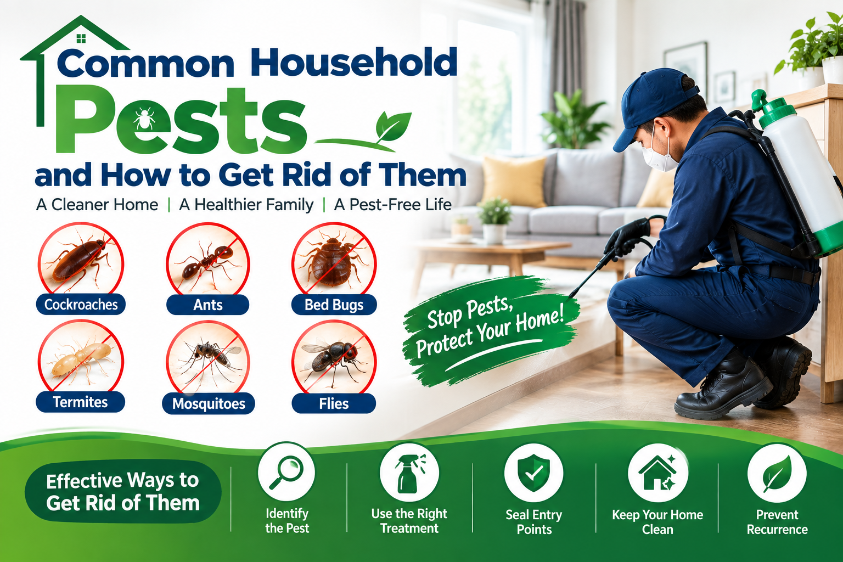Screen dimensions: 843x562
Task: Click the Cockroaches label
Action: point(81,304)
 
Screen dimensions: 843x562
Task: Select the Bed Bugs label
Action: point(334,305)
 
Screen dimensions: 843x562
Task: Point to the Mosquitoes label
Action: point(209,403)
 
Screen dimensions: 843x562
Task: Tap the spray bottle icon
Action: point(409,473)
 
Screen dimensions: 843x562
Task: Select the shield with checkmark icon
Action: point(533,473)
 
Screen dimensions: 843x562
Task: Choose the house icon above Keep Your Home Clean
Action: point(658,473)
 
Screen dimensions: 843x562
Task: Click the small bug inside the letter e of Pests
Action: point(144,118)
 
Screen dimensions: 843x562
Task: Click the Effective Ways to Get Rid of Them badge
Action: point(123,491)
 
